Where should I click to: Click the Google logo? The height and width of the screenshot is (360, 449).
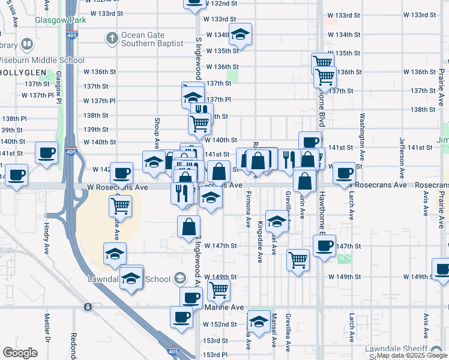(x=20, y=353)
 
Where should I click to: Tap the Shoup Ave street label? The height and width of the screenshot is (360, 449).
(x=155, y=134)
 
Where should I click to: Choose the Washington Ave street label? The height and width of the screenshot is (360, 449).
(x=363, y=133)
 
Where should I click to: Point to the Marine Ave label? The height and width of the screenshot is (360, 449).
(x=224, y=307)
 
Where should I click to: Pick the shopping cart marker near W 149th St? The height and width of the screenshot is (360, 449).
(x=219, y=290)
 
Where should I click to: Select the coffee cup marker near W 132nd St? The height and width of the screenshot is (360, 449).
(x=193, y=2)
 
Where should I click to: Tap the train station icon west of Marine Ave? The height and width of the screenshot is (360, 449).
(x=88, y=307)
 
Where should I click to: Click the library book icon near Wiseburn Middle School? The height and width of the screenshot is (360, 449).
(x=26, y=44)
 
